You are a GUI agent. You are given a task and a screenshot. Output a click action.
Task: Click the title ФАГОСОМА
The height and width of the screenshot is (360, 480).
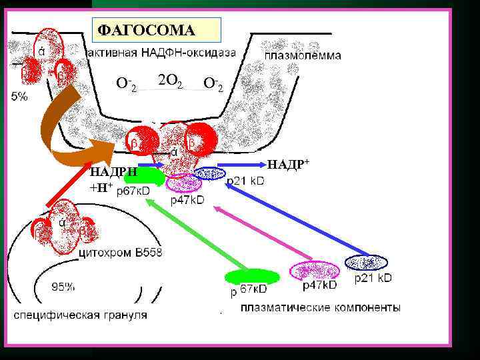point(146,30)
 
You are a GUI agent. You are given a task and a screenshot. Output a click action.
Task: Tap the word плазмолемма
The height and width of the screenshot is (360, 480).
point(303,55)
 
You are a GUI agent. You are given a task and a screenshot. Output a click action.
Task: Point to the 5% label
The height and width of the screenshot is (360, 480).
point(19,97)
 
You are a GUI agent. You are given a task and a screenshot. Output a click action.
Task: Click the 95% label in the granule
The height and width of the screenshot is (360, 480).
point(63,287)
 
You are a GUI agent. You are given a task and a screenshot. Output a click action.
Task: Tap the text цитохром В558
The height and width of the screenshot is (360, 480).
point(120,253)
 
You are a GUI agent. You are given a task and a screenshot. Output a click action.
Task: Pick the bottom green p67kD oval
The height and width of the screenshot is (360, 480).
point(252,276)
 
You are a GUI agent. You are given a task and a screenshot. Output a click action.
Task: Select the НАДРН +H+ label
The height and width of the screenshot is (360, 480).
point(113,179)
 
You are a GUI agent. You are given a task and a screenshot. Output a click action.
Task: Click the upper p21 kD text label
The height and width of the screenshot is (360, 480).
point(246,181)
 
